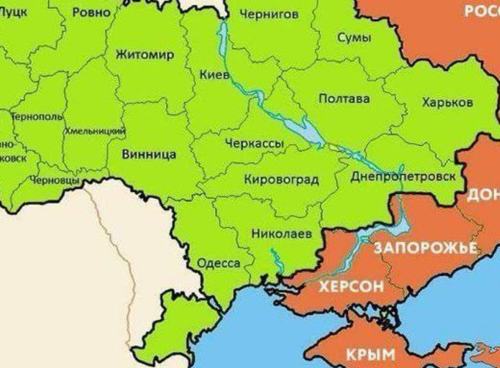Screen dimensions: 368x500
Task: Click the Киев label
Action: (x=214, y=75)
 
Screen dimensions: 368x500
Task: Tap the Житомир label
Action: (x=144, y=55)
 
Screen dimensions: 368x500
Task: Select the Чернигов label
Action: (x=269, y=15)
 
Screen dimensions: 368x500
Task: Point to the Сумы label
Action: (x=353, y=38)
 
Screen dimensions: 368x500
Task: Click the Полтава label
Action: (x=344, y=98)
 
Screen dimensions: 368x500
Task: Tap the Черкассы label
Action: (x=254, y=144)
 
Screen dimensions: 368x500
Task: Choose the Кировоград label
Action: (x=281, y=179)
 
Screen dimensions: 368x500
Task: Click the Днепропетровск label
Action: (x=402, y=176)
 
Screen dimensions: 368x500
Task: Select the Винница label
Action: (x=149, y=154)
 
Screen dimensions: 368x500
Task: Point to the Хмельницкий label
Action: (x=95, y=131)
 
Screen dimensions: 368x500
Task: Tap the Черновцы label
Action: (x=54, y=181)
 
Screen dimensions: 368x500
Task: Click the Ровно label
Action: (x=91, y=12)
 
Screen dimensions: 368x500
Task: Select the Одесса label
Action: (x=219, y=263)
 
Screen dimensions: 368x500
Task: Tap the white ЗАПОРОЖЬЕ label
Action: (x=426, y=247)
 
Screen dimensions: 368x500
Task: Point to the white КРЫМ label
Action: (x=370, y=354)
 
